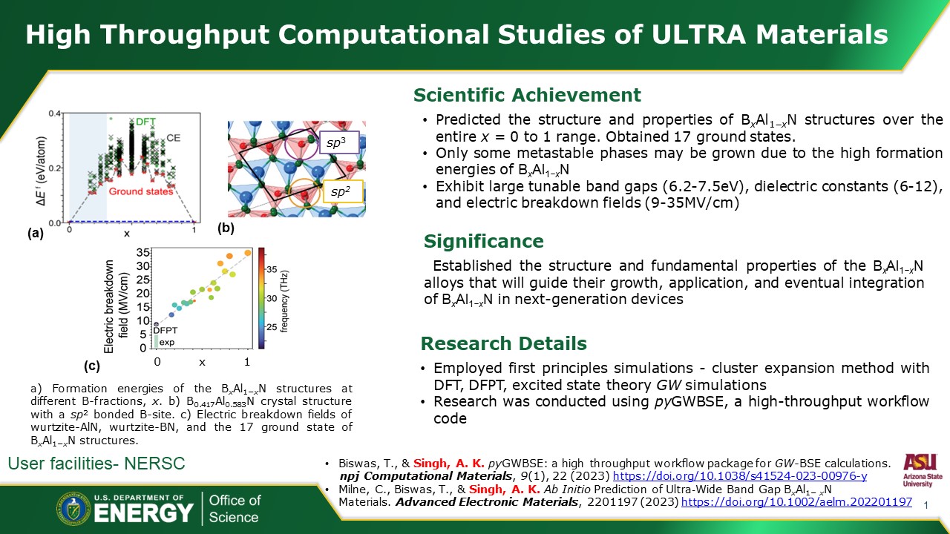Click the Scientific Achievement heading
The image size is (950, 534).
pyautogui.click(x=527, y=95)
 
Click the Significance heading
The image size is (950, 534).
pyautogui.click(x=483, y=241)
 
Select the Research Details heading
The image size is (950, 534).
pyautogui.click(x=504, y=343)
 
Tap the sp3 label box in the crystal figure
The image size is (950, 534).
pyautogui.click(x=339, y=143)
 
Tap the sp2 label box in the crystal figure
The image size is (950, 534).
pyautogui.click(x=343, y=191)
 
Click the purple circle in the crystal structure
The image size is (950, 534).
pyautogui.click(x=284, y=145)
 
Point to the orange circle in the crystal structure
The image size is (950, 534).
pyautogui.click(x=289, y=193)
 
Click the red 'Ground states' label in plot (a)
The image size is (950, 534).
pyautogui.click(x=141, y=191)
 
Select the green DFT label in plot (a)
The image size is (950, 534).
pyautogui.click(x=145, y=122)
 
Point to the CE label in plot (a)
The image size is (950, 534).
pyautogui.click(x=174, y=138)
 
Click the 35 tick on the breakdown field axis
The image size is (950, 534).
pyautogui.click(x=143, y=253)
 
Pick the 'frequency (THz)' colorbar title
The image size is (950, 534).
pyautogui.click(x=284, y=301)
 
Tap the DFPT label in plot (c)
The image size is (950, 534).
pyautogui.click(x=166, y=330)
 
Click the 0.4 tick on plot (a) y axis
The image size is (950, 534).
pyautogui.click(x=55, y=113)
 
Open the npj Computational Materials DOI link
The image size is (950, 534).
pyautogui.click(x=740, y=476)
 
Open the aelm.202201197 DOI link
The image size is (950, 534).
pyautogui.click(x=796, y=502)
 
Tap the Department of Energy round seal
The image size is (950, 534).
pyautogui.click(x=73, y=509)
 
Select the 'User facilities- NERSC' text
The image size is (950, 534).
pyautogui.click(x=96, y=464)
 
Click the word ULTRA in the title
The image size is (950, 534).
pyautogui.click(x=698, y=34)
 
